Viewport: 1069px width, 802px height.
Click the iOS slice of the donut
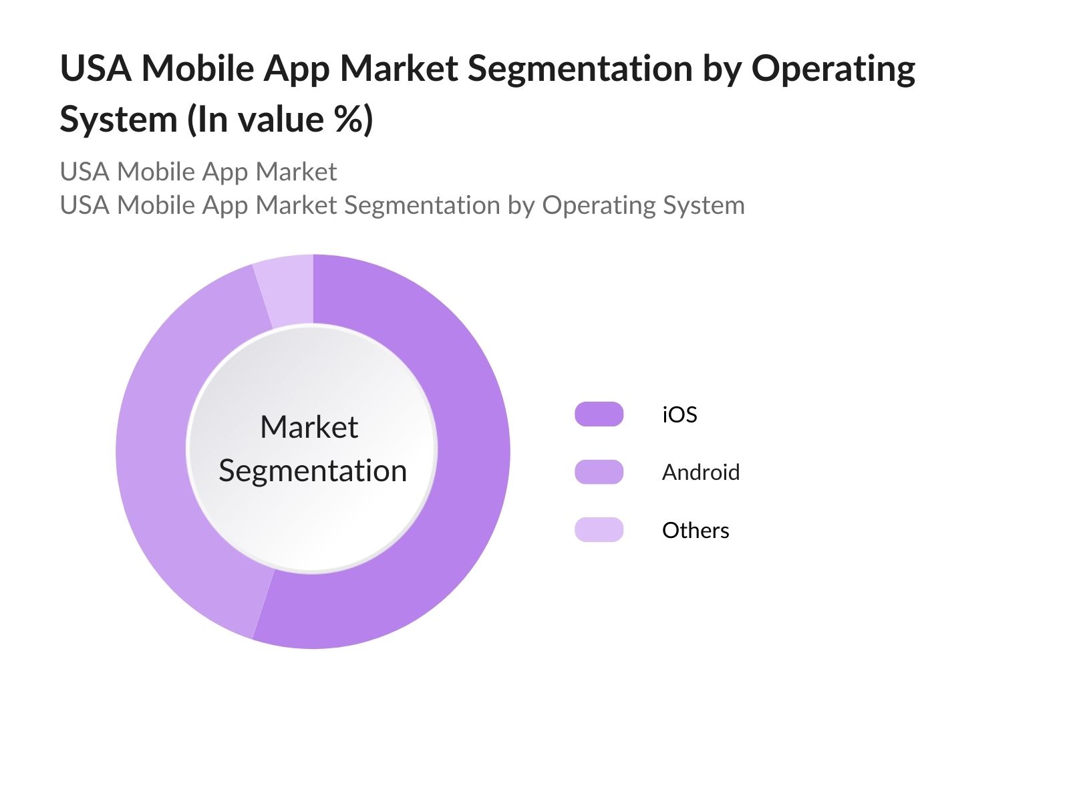(468, 468)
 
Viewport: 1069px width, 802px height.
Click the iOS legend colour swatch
(599, 414)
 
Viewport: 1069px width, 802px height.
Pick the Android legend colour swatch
(599, 472)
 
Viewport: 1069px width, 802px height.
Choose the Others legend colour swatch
(599, 530)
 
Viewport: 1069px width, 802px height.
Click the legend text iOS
(679, 414)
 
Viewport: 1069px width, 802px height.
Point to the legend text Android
(701, 472)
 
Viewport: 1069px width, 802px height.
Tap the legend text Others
(696, 530)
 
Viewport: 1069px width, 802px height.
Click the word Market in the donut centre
(309, 427)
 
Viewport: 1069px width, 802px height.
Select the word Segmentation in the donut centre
(313, 471)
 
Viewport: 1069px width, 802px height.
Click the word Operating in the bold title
(833, 70)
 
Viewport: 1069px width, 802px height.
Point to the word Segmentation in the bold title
(580, 70)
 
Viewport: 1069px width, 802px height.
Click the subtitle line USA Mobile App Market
(198, 172)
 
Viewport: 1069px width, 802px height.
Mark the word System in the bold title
(118, 120)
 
